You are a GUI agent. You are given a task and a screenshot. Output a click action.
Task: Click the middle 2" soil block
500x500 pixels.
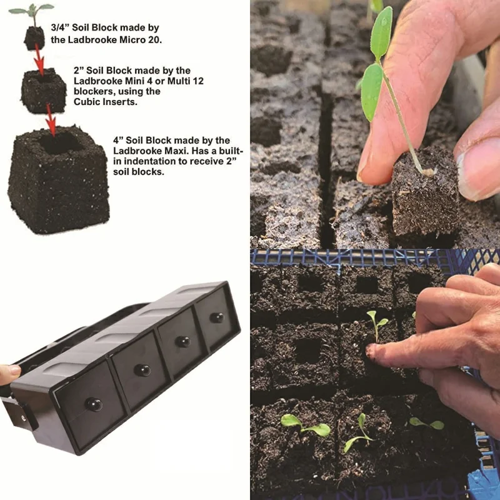tap(43, 91)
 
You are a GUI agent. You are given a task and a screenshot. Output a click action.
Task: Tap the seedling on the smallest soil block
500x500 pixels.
tap(31, 11)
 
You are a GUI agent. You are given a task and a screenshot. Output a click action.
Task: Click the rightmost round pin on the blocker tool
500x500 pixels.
tap(217, 317)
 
